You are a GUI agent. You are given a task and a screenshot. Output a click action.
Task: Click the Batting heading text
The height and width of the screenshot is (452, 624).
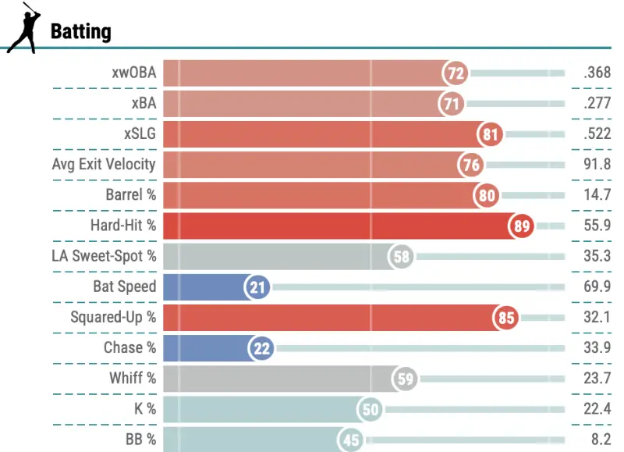80,32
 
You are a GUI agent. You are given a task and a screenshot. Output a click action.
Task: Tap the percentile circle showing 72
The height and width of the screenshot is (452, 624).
456,73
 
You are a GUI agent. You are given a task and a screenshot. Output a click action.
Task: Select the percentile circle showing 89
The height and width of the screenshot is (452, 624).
522,226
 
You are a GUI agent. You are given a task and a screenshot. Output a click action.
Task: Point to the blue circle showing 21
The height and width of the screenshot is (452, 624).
258,287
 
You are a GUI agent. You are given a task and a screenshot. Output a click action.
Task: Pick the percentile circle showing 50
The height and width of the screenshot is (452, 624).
370,410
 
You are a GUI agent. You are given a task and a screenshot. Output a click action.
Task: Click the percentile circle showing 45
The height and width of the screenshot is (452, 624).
352,440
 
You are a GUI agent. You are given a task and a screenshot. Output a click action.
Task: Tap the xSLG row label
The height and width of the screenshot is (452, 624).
140,134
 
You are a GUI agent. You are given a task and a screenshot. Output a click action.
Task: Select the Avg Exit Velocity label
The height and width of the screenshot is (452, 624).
104,165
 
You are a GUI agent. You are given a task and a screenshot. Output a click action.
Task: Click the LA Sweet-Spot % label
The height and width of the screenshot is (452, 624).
104,256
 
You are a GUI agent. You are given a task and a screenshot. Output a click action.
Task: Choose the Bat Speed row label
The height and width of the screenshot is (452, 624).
124,287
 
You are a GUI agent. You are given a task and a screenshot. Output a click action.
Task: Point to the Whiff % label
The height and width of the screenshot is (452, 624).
133,379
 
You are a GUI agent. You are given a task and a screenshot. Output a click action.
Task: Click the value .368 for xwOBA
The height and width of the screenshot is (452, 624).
597,73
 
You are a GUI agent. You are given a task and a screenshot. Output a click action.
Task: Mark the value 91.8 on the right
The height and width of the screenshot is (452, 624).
597,165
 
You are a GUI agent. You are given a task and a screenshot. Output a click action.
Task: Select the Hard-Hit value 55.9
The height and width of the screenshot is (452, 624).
597,226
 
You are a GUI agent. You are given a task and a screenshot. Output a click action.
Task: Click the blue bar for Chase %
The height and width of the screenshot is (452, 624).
207,348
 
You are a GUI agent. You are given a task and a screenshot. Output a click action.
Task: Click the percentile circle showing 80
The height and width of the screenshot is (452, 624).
487,196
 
